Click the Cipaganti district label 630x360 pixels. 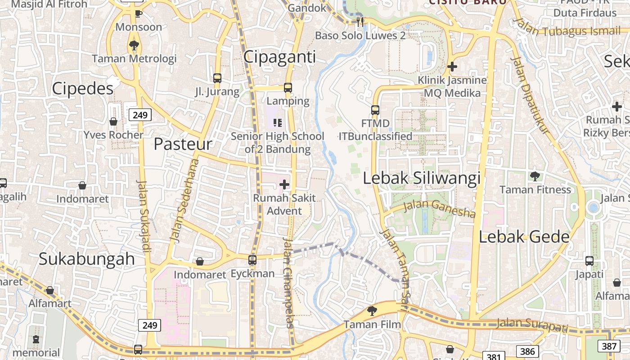[x=279, y=57]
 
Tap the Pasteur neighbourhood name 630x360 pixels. [x=183, y=144]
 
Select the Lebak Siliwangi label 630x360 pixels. [x=422, y=178]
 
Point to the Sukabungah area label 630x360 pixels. [x=86, y=259]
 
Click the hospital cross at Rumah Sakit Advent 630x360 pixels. [x=284, y=184]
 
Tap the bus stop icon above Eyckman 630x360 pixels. [x=252, y=260]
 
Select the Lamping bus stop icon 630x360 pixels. [x=288, y=88]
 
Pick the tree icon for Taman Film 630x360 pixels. [x=372, y=310]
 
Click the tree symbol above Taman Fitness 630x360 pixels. [x=535, y=176]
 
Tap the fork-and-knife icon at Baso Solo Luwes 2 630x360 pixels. [x=360, y=21]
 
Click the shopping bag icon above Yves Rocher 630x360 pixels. [x=113, y=121]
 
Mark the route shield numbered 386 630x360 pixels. [x=527, y=351]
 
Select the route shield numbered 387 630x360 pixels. [x=609, y=346]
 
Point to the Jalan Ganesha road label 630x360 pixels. [x=439, y=208]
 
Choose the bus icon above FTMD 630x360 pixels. [x=375, y=110]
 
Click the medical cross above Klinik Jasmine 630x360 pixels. [x=452, y=67]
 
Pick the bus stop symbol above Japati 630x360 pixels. [x=589, y=261]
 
